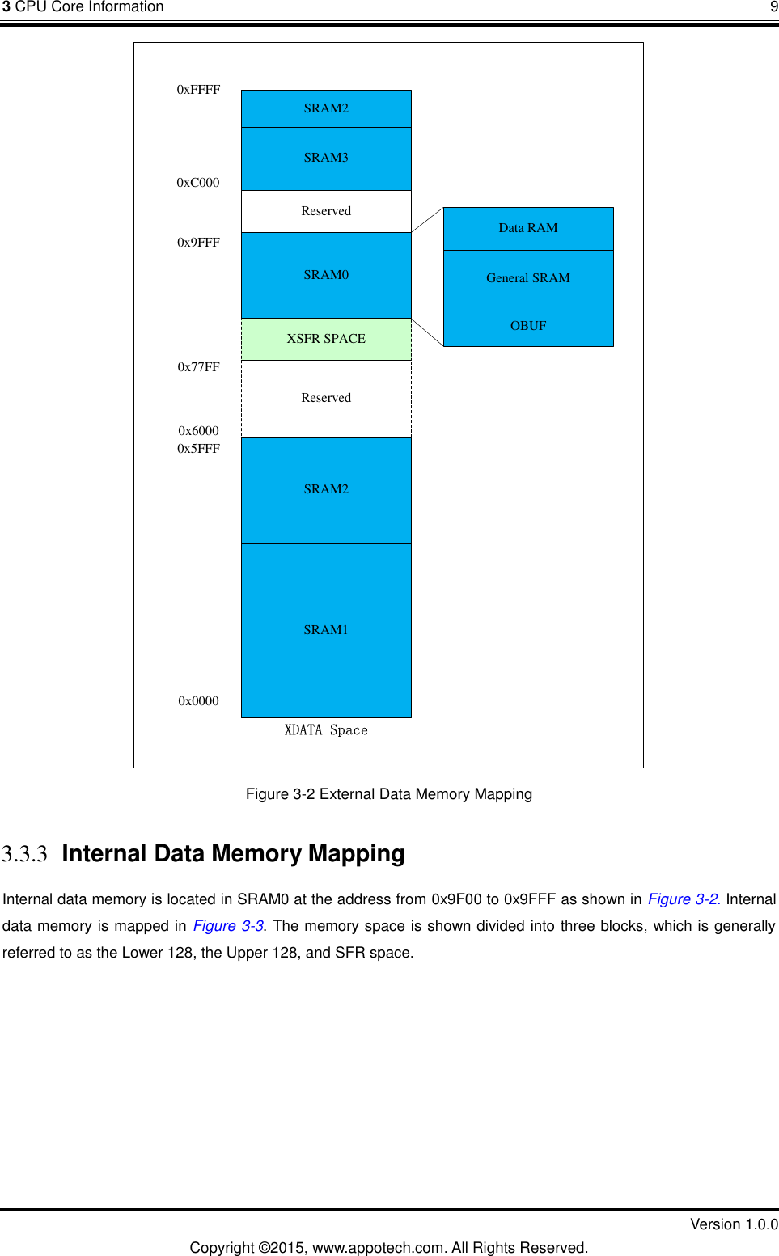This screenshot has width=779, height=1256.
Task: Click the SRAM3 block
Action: (326, 159)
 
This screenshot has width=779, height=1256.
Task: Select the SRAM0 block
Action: (326, 275)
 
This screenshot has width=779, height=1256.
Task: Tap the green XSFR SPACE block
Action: (326, 339)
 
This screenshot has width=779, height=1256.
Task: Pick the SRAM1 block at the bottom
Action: (326, 630)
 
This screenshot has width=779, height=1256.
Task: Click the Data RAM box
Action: (528, 228)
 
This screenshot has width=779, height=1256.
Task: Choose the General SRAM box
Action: (528, 278)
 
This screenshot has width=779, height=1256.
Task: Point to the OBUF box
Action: (528, 326)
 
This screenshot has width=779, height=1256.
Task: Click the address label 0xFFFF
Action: (198, 90)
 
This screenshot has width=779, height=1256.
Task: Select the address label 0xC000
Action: (198, 183)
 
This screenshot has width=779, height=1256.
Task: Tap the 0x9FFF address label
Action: (198, 243)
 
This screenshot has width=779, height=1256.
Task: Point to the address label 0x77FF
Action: (198, 367)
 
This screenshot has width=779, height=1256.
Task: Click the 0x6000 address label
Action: (198, 431)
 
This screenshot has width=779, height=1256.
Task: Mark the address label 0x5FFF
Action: (198, 449)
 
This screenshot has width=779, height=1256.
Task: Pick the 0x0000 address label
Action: (198, 701)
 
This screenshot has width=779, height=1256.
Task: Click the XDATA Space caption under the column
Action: (326, 730)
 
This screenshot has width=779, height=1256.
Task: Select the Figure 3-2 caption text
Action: (388, 794)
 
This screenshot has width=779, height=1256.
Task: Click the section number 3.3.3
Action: (24, 854)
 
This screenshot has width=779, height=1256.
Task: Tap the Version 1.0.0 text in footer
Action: (733, 1224)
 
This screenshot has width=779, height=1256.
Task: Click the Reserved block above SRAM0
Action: (326, 211)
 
